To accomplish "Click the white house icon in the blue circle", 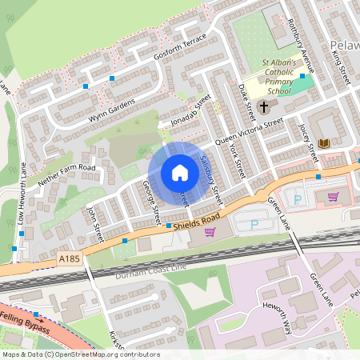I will (x=180, y=173).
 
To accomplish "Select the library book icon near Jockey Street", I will (x=323, y=143).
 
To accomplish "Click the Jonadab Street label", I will (x=190, y=111).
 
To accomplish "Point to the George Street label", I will (x=151, y=202).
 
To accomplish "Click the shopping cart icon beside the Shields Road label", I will (x=210, y=232).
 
